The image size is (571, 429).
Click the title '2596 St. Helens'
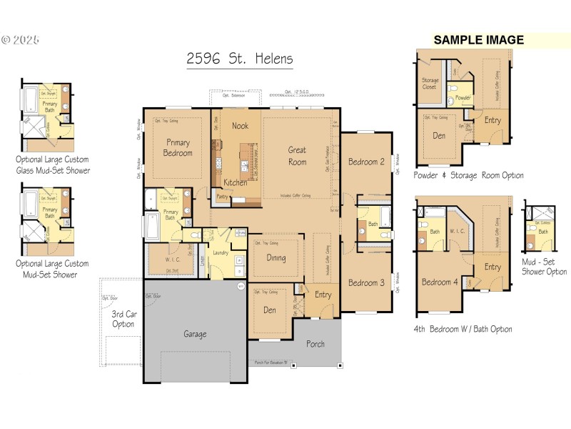click(x=239, y=59)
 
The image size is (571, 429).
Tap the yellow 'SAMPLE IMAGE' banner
click(x=478, y=40)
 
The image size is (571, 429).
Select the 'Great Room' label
click(x=297, y=156)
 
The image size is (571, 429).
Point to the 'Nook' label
click(x=240, y=126)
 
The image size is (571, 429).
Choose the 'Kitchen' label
click(x=235, y=182)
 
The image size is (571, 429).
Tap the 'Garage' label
click(x=195, y=334)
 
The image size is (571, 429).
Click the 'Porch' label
click(x=315, y=344)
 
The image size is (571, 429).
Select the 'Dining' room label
click(x=276, y=258)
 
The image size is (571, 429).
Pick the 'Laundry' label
click(x=219, y=252)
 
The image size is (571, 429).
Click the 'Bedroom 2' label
click(x=366, y=162)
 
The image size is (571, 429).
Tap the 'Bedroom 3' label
click(x=366, y=283)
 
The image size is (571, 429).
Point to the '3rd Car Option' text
click(x=123, y=320)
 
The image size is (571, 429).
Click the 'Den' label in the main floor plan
click(x=269, y=310)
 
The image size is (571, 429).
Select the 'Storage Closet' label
click(x=430, y=84)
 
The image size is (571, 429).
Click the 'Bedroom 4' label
click(x=440, y=282)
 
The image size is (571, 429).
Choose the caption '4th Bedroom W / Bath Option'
click(x=463, y=329)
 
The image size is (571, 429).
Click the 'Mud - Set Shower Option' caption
click(x=544, y=266)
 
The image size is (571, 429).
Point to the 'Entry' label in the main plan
click(x=323, y=295)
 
